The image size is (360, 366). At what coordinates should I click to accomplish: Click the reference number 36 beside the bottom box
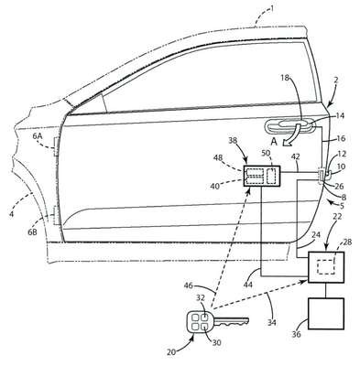296,334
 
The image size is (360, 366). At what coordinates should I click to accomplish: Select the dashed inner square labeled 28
326,266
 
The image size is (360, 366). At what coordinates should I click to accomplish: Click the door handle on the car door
290,126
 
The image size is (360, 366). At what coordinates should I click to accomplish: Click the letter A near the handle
274,142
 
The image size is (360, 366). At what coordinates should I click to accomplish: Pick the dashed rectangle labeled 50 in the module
271,176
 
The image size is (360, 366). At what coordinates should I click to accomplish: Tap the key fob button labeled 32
205,317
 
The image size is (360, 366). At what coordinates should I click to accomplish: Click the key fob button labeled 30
205,327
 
